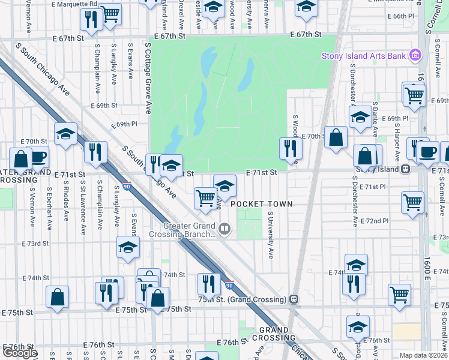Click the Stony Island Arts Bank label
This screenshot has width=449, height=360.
363,56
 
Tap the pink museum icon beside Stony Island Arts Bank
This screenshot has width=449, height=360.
414,56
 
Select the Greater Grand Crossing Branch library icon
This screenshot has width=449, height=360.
224,228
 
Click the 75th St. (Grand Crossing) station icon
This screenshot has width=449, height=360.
294,299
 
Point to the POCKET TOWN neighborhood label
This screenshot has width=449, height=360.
262,204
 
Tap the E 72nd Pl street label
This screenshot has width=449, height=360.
378,221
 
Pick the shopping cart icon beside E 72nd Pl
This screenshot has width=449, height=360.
413,203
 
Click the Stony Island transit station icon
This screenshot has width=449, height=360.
406,169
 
